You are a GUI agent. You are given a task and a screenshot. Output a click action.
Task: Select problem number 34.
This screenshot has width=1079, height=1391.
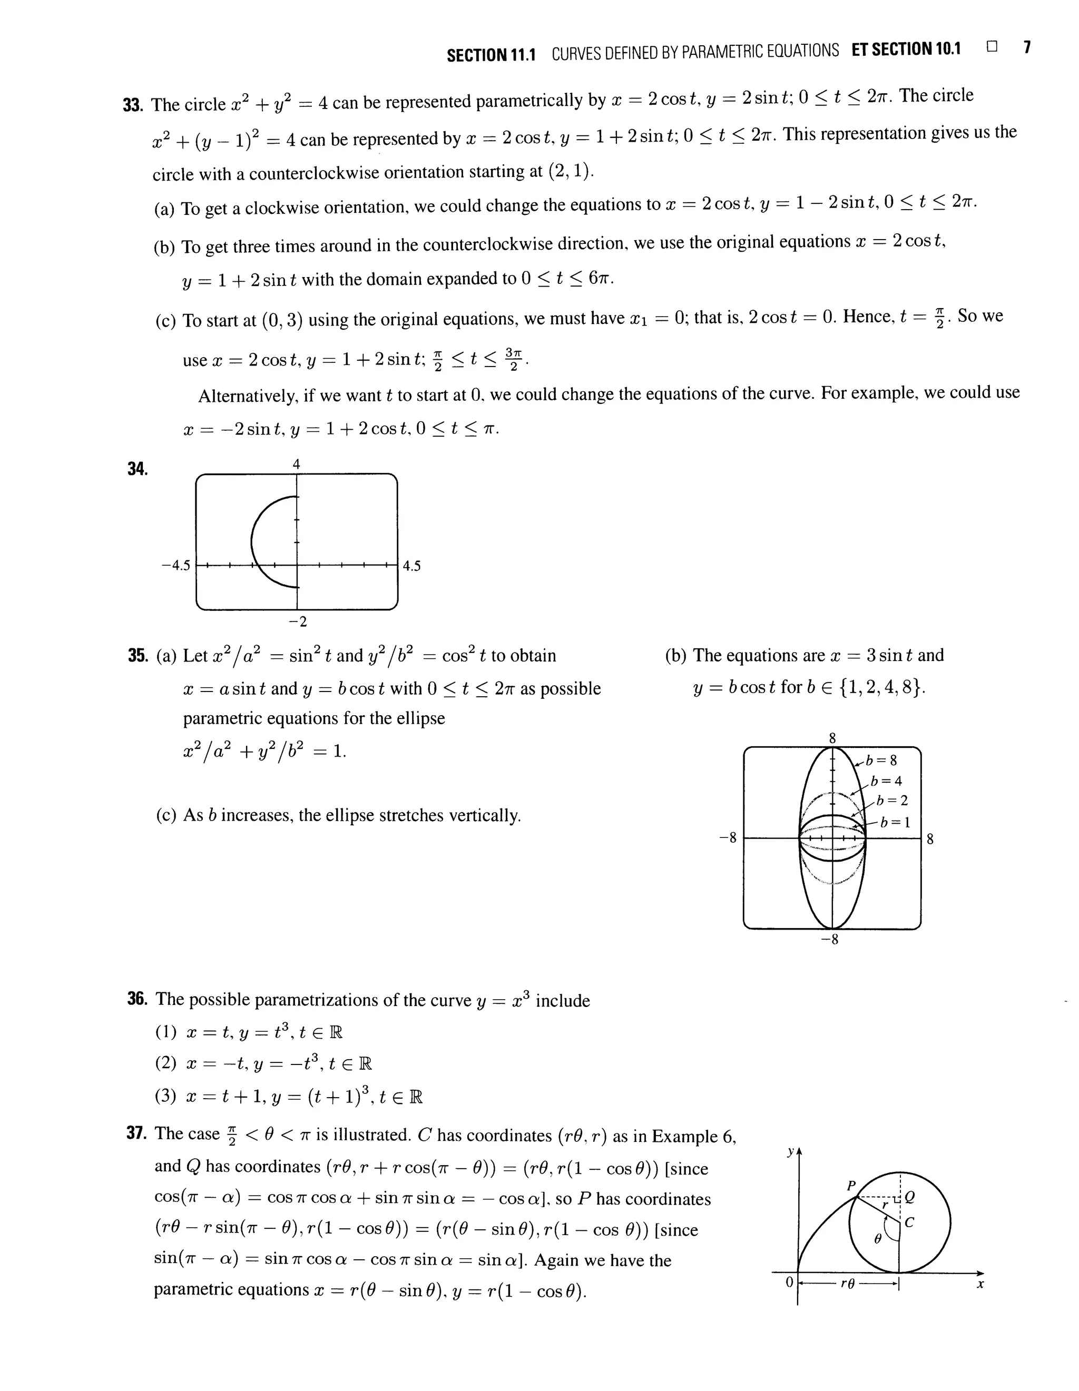(x=138, y=469)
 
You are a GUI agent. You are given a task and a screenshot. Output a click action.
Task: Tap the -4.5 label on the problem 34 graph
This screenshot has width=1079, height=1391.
(x=176, y=565)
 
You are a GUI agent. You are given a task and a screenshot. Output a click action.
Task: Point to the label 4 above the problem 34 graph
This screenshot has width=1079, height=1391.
(x=296, y=465)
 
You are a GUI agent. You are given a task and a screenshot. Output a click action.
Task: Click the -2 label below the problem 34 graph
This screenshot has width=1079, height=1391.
(x=298, y=621)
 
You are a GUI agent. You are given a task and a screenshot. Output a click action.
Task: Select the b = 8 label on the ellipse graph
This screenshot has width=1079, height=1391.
(x=881, y=760)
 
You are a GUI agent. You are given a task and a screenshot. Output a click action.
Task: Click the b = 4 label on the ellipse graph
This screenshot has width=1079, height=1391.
(x=887, y=781)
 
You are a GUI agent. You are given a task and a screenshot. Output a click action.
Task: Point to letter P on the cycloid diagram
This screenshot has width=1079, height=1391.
(x=850, y=1186)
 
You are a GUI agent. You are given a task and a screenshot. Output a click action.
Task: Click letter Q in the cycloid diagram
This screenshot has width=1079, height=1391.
(x=909, y=1197)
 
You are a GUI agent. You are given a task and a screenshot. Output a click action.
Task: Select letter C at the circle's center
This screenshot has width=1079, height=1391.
(x=909, y=1222)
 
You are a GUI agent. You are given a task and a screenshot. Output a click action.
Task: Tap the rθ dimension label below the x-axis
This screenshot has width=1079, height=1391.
(x=847, y=1284)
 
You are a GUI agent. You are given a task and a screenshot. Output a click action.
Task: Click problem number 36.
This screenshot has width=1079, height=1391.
(x=137, y=999)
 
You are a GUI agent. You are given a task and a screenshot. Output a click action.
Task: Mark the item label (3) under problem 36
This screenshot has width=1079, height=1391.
(x=165, y=1096)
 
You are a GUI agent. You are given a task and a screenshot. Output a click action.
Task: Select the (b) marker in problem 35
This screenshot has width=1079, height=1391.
(x=676, y=655)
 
